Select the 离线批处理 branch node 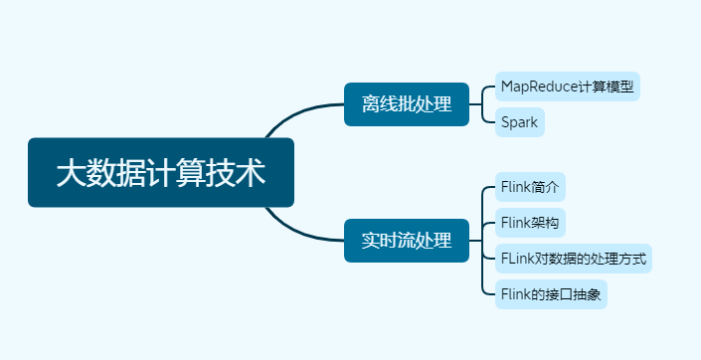(x=406, y=103)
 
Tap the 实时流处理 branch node (x=406, y=240)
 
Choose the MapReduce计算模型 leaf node (x=567, y=87)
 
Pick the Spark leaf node (x=520, y=122)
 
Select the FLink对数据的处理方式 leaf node (x=574, y=259)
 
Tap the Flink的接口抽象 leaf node (x=551, y=294)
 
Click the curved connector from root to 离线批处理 (x=298, y=111)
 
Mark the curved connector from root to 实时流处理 (x=298, y=232)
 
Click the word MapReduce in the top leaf (x=540, y=87)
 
